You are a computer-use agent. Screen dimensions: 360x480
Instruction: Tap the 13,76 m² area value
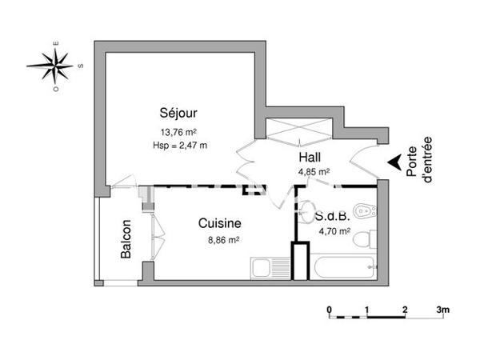(x=178, y=132)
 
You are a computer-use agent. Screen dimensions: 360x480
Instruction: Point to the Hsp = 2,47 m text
(x=179, y=145)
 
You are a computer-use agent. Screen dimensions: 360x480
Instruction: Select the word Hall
(x=310, y=158)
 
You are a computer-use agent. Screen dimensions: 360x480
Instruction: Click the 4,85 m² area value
(x=314, y=171)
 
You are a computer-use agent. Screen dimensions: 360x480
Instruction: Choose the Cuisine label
(x=219, y=225)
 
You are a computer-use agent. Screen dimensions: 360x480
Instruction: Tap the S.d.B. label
(x=330, y=217)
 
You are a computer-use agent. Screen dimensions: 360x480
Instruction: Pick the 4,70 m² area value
(x=334, y=232)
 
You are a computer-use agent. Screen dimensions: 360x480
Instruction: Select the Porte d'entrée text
(x=418, y=161)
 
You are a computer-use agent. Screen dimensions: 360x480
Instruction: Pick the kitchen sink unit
(x=270, y=269)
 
